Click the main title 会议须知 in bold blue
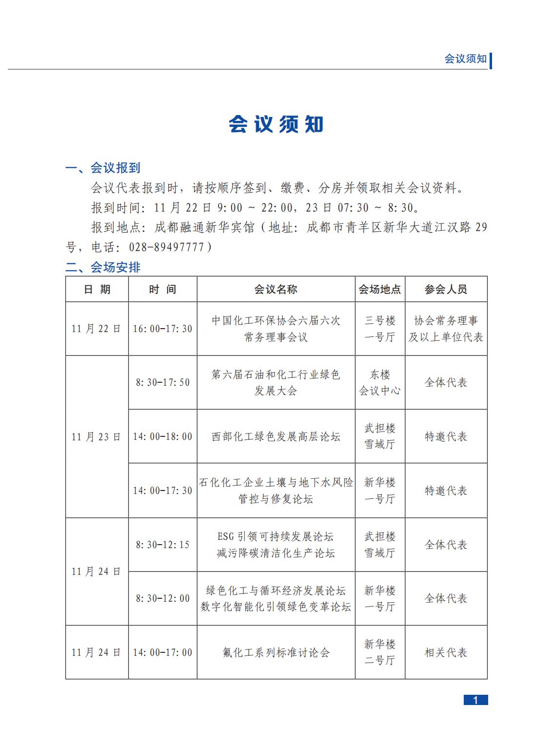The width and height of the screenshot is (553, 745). tap(276, 124)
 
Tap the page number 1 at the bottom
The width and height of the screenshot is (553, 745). tap(475, 700)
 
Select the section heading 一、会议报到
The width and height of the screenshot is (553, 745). tap(103, 168)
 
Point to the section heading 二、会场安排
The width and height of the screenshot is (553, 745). tap(103, 267)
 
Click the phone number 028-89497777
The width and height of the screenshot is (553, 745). tap(166, 247)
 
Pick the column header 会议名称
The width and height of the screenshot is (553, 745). tap(276, 289)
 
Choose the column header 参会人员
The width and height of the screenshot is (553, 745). tap(446, 289)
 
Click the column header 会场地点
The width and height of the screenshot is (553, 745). tap(380, 289)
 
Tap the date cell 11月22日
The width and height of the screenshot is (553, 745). tap(97, 329)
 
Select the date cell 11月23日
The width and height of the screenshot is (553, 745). tap(97, 436)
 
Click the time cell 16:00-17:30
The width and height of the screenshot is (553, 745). tap(162, 329)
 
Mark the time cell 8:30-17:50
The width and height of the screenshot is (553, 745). tap(162, 382)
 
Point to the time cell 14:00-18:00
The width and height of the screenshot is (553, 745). tap(162, 436)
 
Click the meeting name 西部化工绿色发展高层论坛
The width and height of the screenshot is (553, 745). tap(276, 436)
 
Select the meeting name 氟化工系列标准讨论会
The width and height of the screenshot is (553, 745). tap(276, 652)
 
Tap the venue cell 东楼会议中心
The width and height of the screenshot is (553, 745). tap(380, 382)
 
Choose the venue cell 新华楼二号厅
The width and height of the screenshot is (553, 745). tap(380, 652)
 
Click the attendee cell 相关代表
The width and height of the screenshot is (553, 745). tap(446, 652)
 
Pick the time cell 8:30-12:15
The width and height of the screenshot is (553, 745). tap(162, 545)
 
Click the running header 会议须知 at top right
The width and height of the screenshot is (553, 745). tap(465, 59)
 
